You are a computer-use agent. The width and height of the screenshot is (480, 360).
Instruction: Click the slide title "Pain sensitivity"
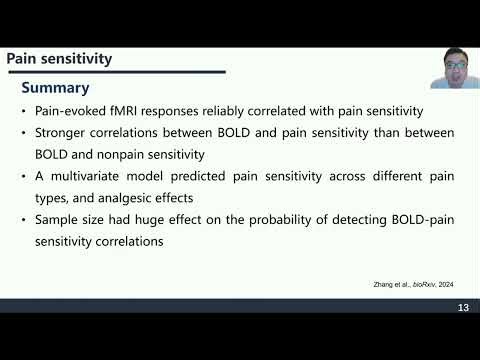(59, 59)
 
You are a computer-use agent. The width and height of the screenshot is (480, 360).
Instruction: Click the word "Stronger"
(65, 133)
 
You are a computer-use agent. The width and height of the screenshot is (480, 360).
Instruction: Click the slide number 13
(463, 307)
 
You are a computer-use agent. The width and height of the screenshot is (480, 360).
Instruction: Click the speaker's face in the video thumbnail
(449, 68)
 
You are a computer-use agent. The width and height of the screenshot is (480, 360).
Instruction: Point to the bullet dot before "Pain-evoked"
(24, 111)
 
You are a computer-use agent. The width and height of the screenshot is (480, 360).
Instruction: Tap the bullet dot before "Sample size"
(24, 219)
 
